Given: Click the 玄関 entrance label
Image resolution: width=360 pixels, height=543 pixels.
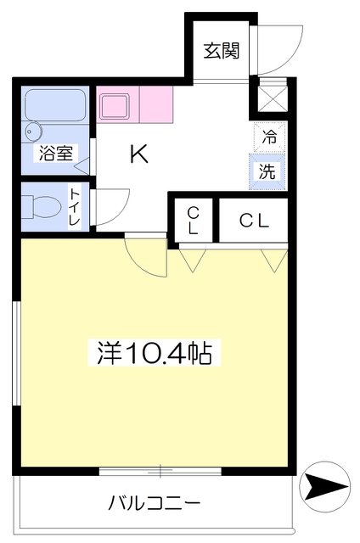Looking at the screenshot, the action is (221, 51).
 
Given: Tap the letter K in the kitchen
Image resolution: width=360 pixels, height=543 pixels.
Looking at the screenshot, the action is (139, 154).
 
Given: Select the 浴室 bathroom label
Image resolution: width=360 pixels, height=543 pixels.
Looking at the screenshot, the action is (56, 153).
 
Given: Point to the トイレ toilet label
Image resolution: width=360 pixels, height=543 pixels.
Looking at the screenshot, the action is (75, 207).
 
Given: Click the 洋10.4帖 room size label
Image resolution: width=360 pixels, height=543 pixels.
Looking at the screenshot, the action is (155, 353).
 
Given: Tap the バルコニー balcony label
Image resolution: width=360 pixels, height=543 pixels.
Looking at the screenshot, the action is (155, 503).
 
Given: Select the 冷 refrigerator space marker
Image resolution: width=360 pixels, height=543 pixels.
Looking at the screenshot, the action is (269, 137).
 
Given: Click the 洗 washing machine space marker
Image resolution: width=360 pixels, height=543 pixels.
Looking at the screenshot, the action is (267, 171).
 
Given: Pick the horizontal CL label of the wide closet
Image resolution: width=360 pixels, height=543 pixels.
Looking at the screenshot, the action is (254, 221).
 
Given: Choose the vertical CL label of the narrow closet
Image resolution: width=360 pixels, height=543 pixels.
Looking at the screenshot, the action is (193, 221).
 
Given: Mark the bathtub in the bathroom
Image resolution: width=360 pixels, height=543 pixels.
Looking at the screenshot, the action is (55, 105).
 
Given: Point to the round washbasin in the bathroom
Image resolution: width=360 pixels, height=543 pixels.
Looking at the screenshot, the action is (34, 132).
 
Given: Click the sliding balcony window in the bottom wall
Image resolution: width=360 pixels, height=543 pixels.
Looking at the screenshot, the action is (160, 471).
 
